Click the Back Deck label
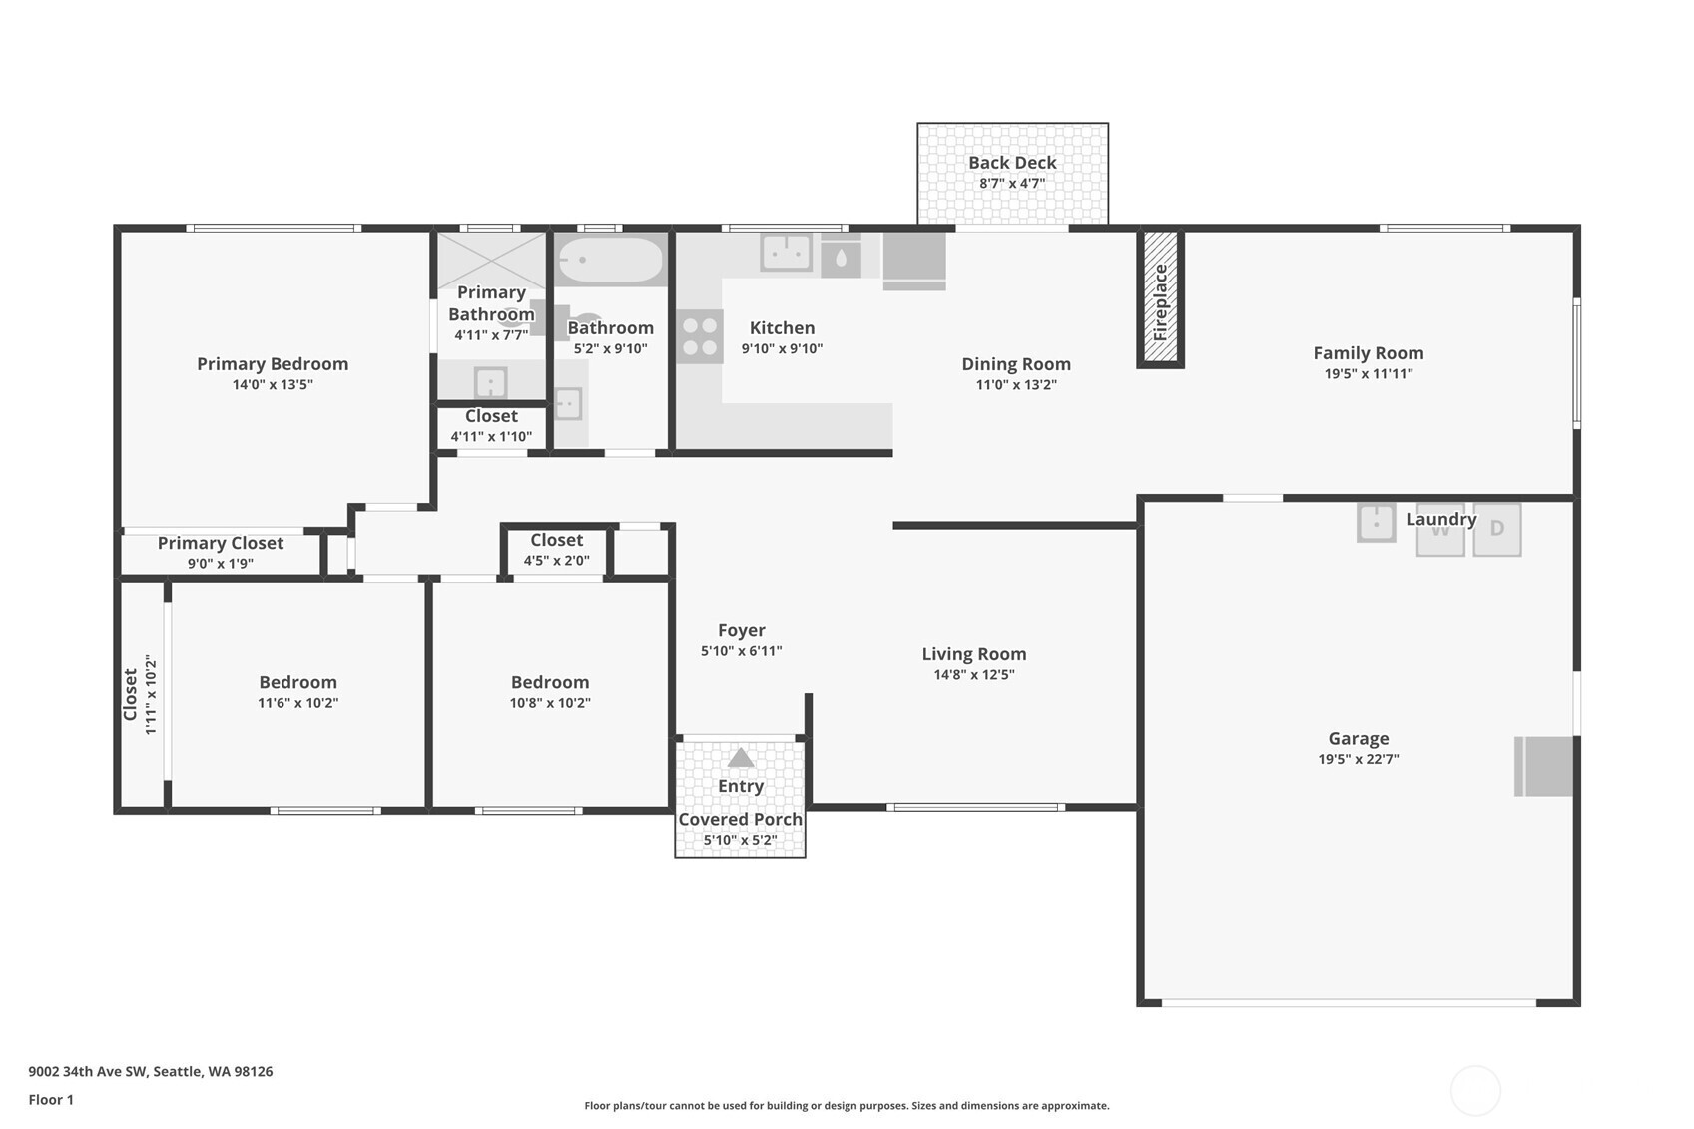[x=1011, y=162]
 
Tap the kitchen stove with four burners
[x=699, y=336]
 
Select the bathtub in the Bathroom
[x=610, y=261]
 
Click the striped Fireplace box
[x=1161, y=299]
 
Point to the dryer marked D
[x=1496, y=529]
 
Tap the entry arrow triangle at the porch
[x=740, y=758]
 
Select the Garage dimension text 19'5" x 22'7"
[x=1358, y=759]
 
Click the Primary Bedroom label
[x=272, y=364]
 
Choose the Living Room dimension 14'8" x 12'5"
[x=973, y=675]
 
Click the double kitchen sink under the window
[x=786, y=252]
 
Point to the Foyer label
[x=741, y=630]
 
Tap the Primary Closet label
[x=220, y=543]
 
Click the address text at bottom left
[x=150, y=1071]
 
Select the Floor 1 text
[x=51, y=1099]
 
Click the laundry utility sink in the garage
[x=1376, y=523]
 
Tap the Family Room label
[x=1368, y=353]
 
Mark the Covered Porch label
[x=740, y=819]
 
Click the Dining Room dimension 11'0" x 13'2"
[x=1015, y=385]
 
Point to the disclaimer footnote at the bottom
[x=847, y=1105]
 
